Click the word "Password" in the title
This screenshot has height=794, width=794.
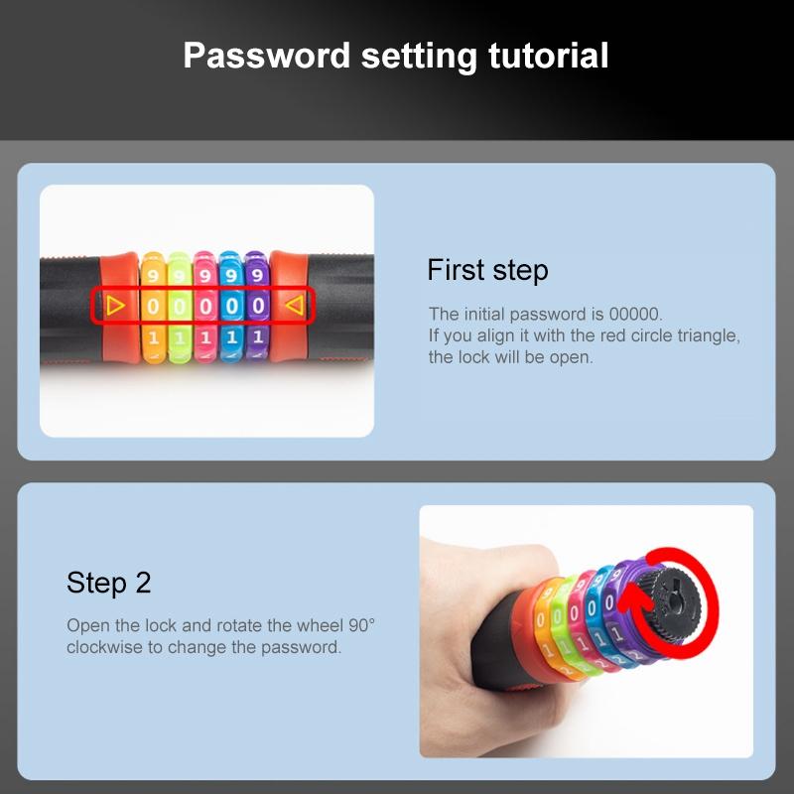tap(266, 56)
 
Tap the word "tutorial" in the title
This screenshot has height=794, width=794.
tap(548, 56)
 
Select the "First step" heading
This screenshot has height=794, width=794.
tap(487, 269)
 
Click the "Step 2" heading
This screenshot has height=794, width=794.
tap(109, 583)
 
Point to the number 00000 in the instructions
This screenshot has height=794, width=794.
tap(635, 314)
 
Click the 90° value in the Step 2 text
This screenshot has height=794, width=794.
tap(361, 625)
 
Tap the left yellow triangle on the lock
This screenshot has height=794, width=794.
tap(115, 306)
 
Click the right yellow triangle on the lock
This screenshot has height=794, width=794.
tap(294, 306)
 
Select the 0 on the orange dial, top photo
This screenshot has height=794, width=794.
tap(153, 307)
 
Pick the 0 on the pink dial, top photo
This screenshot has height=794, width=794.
tap(205, 307)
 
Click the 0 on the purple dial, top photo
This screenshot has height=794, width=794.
tap(258, 306)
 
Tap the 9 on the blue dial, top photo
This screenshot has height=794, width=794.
tap(231, 276)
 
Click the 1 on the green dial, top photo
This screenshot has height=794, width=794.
tap(180, 337)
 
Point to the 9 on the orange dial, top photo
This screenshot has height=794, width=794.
tap(153, 276)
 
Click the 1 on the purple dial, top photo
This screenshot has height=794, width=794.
tap(258, 336)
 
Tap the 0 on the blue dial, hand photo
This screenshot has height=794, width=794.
tap(591, 607)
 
